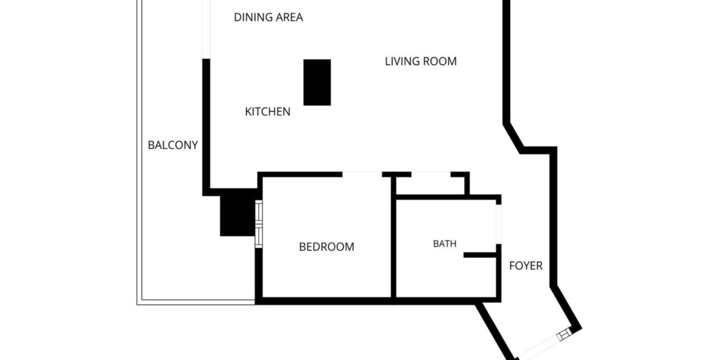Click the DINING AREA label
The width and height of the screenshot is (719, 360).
[269, 17]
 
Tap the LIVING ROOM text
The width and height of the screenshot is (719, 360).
[420, 61]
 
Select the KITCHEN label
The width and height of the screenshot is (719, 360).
[267, 111]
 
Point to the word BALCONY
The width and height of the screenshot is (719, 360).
[173, 146]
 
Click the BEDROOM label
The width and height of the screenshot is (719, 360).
[326, 247]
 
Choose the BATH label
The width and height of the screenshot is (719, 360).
[445, 244]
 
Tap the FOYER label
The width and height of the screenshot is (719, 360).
[526, 265]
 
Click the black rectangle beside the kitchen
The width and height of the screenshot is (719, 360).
[317, 82]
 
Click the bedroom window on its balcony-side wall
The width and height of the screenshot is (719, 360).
[259, 224]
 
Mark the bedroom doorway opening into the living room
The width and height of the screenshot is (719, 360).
[362, 174]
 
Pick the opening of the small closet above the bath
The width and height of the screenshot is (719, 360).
[431, 174]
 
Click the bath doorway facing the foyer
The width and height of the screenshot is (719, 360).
[499, 224]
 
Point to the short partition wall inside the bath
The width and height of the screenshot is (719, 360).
[481, 254]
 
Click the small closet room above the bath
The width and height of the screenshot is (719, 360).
[430, 186]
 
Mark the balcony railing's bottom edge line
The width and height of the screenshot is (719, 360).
[196, 302]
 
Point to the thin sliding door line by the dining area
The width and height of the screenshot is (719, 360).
[206, 29]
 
